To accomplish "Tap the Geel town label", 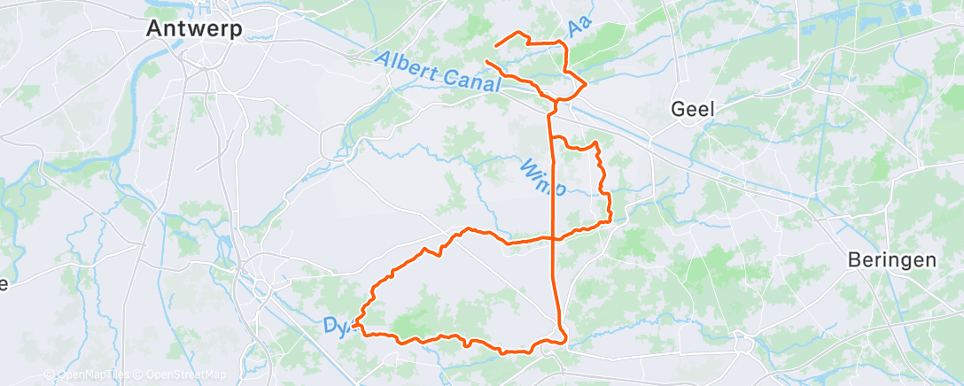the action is click(x=694, y=109).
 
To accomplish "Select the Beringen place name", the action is click(x=891, y=259).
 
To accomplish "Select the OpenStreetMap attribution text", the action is click(x=183, y=374).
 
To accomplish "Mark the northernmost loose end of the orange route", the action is click(x=494, y=44).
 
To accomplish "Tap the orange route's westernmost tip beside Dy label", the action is click(x=354, y=326).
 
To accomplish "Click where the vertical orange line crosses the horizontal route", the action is click(x=555, y=237).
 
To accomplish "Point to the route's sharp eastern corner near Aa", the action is click(x=587, y=83).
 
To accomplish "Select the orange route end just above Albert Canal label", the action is click(x=486, y=61).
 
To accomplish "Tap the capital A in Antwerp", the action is click(x=154, y=29).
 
